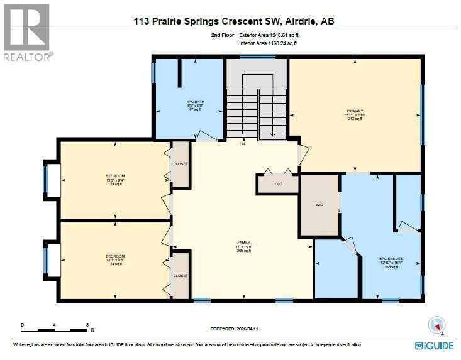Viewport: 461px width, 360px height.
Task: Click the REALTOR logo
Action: pos(26,31)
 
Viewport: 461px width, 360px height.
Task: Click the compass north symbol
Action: pos(436,325)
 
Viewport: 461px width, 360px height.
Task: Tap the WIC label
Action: pos(319,205)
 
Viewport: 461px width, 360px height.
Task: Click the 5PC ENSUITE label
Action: pos(391,258)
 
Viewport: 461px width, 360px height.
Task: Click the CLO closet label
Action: pos(277,185)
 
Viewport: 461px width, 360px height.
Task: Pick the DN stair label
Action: pos(242,144)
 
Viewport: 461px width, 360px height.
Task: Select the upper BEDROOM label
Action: pos(115,175)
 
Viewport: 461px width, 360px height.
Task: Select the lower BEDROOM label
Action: pos(115,256)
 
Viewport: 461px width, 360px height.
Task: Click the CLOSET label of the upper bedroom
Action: pos(181,165)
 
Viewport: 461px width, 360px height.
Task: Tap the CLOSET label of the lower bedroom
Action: pos(181,275)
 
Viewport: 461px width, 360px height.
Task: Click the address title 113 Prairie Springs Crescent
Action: pos(234,21)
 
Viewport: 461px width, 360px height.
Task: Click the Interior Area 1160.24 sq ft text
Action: pos(268,44)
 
